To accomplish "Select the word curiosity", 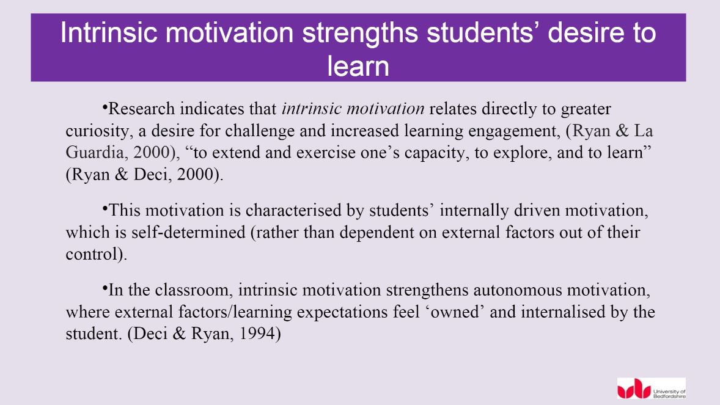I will pyautogui.click(x=95, y=131).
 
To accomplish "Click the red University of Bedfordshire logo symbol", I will pyautogui.click(x=633, y=389).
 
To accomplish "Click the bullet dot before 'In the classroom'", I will pyautogui.click(x=105, y=287).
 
